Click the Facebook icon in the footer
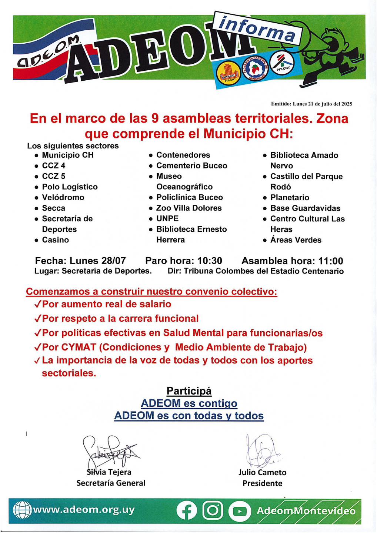point(187,511)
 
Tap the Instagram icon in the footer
point(213,511)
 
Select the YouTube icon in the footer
point(239,511)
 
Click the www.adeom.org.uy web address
point(84,510)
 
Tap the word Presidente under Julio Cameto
point(262,483)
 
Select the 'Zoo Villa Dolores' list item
point(189,208)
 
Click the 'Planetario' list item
point(290,198)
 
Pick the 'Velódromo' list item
point(63,198)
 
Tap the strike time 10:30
point(210,261)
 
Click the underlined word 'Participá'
point(189,391)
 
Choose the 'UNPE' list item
point(167,219)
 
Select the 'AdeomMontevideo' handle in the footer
point(306,511)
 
